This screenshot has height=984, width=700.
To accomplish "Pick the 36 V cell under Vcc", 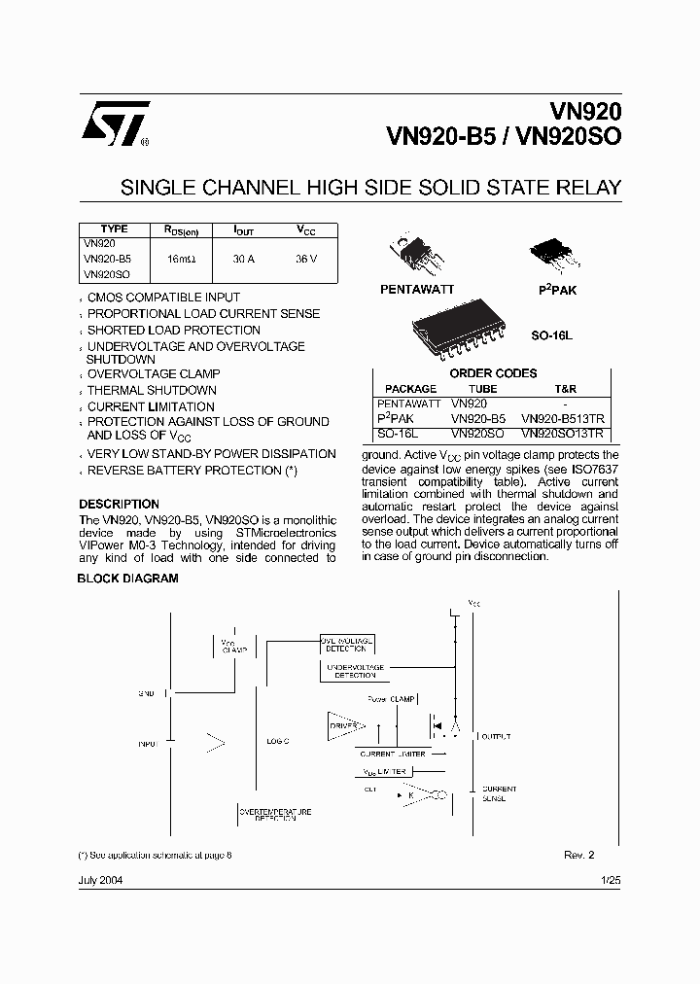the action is tap(307, 260).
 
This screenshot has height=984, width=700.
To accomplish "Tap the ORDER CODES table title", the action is tap(493, 373).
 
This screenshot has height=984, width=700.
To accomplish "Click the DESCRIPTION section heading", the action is tap(119, 505).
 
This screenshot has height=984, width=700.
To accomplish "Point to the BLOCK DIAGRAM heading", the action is tap(127, 579).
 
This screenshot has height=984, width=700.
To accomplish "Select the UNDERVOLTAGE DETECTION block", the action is tap(355, 671).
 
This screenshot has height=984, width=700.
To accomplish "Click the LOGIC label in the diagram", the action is tap(278, 741).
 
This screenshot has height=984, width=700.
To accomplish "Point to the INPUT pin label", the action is tap(147, 744).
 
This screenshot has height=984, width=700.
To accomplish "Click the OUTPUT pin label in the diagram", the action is tap(495, 737).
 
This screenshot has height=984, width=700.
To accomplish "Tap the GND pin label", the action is tap(147, 693).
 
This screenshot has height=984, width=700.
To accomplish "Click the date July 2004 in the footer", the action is tap(100, 879).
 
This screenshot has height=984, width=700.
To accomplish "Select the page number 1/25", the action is tap(610, 879).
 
